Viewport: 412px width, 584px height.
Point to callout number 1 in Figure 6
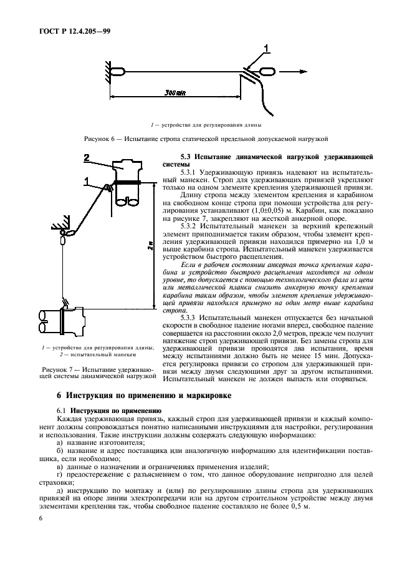click(x=266, y=47)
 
